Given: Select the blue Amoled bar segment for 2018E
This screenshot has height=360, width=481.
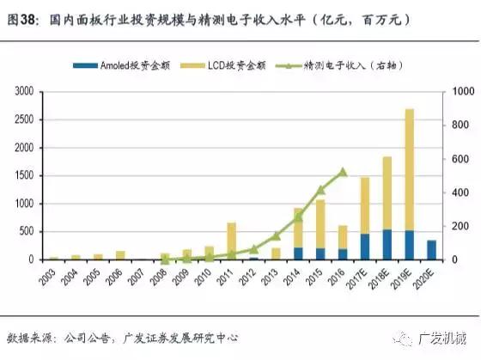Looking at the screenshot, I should click(387, 244).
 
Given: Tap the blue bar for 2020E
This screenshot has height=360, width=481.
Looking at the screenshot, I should click(431, 249).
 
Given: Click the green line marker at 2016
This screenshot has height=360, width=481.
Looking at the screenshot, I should click(343, 171).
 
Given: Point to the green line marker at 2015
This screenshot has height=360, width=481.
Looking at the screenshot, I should click(320, 189).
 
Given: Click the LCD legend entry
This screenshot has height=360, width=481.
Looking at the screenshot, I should click(226, 64).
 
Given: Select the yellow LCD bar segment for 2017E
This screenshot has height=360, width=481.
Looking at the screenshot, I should click(364, 205).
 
